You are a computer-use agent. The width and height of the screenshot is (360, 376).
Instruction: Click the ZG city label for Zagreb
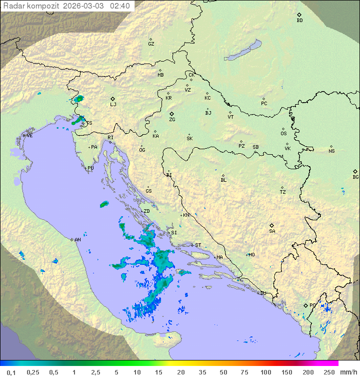click(172, 120)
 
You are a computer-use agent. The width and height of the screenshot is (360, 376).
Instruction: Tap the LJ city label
click(113, 105)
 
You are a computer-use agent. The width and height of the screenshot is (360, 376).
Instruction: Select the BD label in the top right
click(299, 21)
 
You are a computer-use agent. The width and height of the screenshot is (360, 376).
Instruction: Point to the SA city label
click(272, 231)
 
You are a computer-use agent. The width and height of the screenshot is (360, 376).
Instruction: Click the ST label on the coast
click(198, 245)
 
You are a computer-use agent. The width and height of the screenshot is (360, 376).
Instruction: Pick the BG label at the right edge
click(355, 177)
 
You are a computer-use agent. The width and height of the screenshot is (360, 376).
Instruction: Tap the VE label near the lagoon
click(29, 136)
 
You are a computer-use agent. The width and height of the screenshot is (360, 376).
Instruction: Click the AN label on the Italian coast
click(77, 240)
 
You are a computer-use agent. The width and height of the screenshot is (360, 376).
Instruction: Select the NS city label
click(331, 151)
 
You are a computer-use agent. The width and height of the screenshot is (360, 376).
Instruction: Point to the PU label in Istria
click(90, 168)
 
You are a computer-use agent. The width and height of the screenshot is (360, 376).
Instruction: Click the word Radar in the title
click(13, 6)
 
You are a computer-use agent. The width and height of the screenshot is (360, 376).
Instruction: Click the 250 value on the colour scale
click(329, 372)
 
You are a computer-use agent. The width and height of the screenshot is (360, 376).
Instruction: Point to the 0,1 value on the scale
click(11, 372)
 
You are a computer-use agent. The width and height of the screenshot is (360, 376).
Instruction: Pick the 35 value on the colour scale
click(202, 372)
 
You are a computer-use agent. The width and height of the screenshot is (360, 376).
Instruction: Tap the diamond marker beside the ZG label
click(171, 114)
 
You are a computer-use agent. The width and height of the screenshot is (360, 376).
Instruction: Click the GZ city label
click(151, 44)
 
